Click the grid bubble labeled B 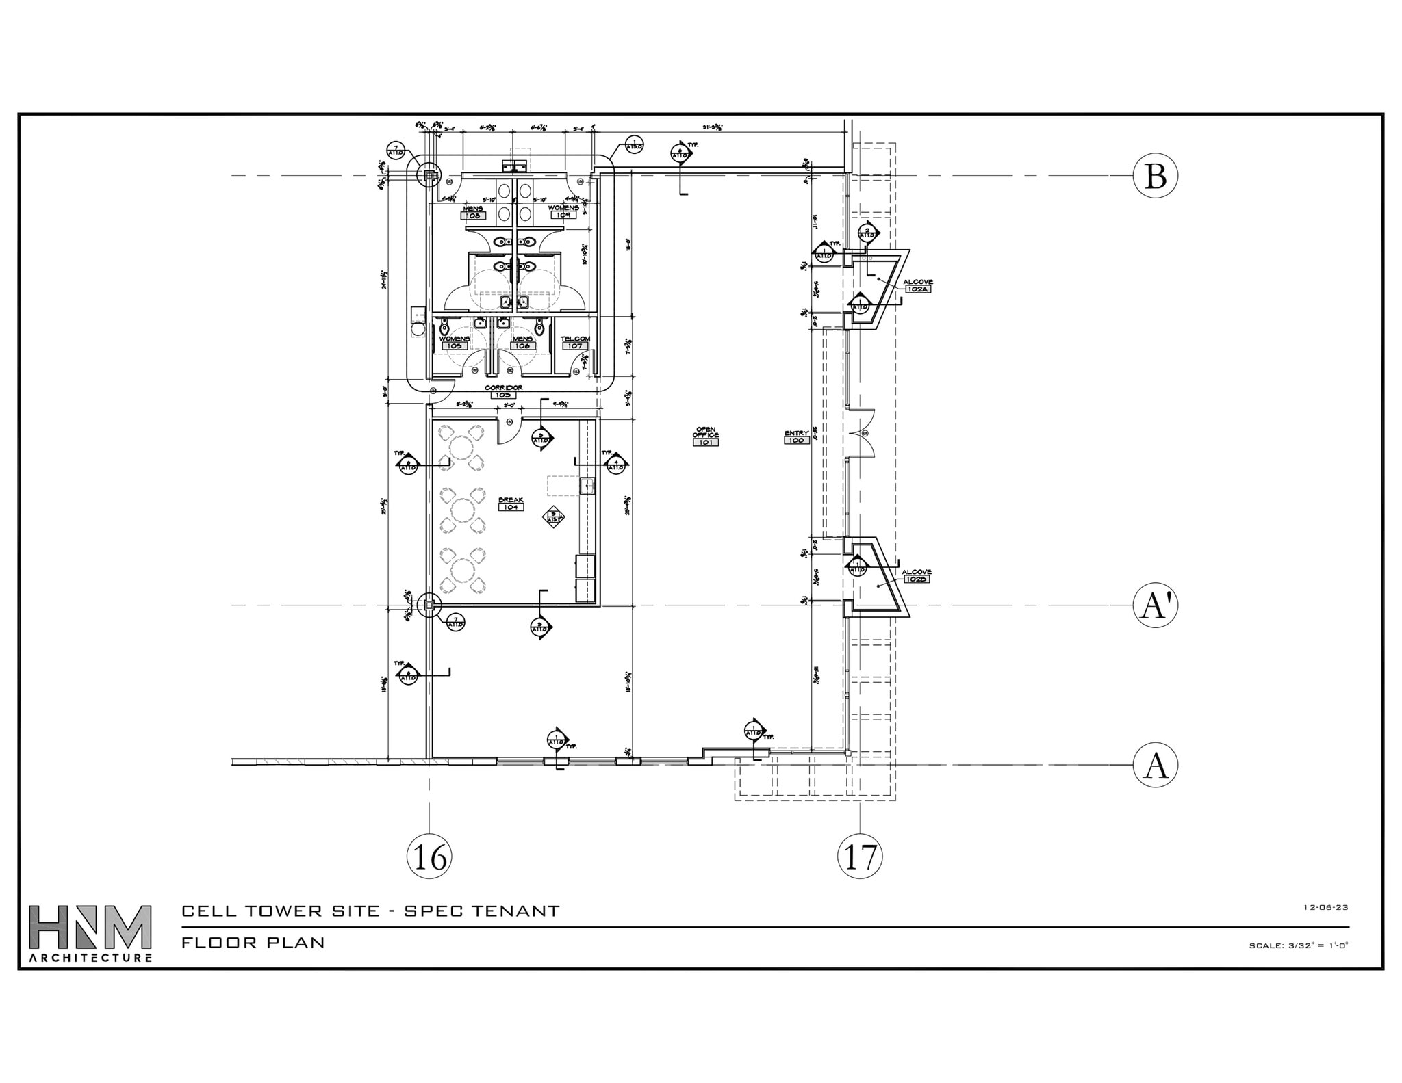(1155, 176)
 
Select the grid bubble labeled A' (1155, 605)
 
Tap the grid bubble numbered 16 (429, 857)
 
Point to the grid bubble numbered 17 (860, 857)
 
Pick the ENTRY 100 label (797, 436)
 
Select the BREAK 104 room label (511, 504)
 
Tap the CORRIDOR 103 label (504, 391)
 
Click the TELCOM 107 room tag (575, 342)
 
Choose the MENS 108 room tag (474, 212)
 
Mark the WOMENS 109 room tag (563, 211)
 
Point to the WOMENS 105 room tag (455, 342)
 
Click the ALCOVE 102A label (917, 285)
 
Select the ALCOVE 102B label (916, 575)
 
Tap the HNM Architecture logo (90, 933)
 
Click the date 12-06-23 (1325, 907)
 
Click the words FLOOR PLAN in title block (253, 942)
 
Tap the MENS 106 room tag (522, 342)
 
